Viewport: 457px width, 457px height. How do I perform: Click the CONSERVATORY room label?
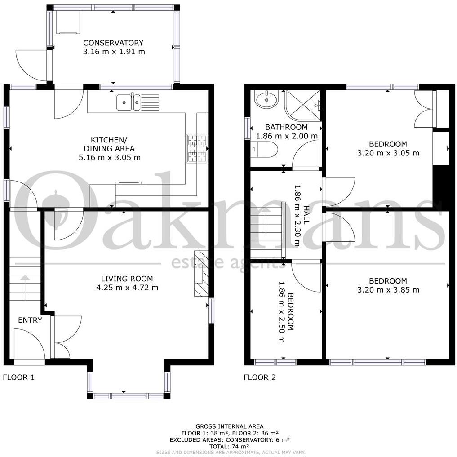tap(113, 43)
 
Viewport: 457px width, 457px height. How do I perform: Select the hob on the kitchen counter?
tap(196, 148)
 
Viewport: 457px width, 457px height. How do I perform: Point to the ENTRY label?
tap(30, 320)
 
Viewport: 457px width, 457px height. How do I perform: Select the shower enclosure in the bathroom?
tap(303, 105)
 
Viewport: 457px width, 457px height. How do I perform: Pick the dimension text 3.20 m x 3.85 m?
tap(388, 290)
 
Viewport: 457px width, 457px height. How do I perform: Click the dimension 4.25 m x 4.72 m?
tap(127, 288)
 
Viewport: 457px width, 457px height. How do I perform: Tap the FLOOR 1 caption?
tap(19, 377)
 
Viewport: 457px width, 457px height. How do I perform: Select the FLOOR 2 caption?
tap(260, 377)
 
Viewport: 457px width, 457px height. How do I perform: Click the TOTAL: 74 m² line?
tap(229, 446)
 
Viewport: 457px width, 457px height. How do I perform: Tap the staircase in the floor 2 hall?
tap(267, 230)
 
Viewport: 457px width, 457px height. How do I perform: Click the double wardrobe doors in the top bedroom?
tap(423, 108)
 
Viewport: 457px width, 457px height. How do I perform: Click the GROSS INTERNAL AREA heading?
tap(229, 426)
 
